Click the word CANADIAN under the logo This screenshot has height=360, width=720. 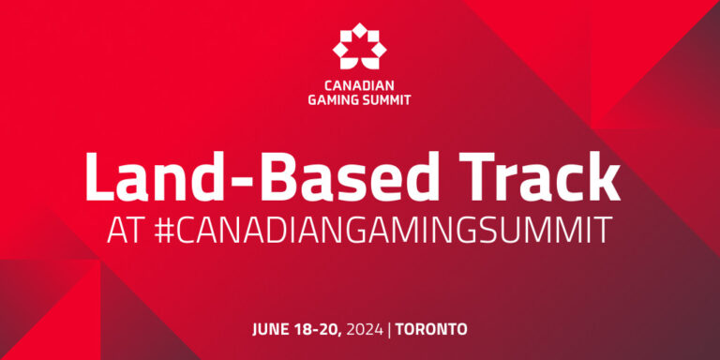point(360,82)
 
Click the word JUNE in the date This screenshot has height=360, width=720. point(272,329)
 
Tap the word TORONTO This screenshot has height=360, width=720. point(432,329)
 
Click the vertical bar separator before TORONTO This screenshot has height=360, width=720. point(393,329)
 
